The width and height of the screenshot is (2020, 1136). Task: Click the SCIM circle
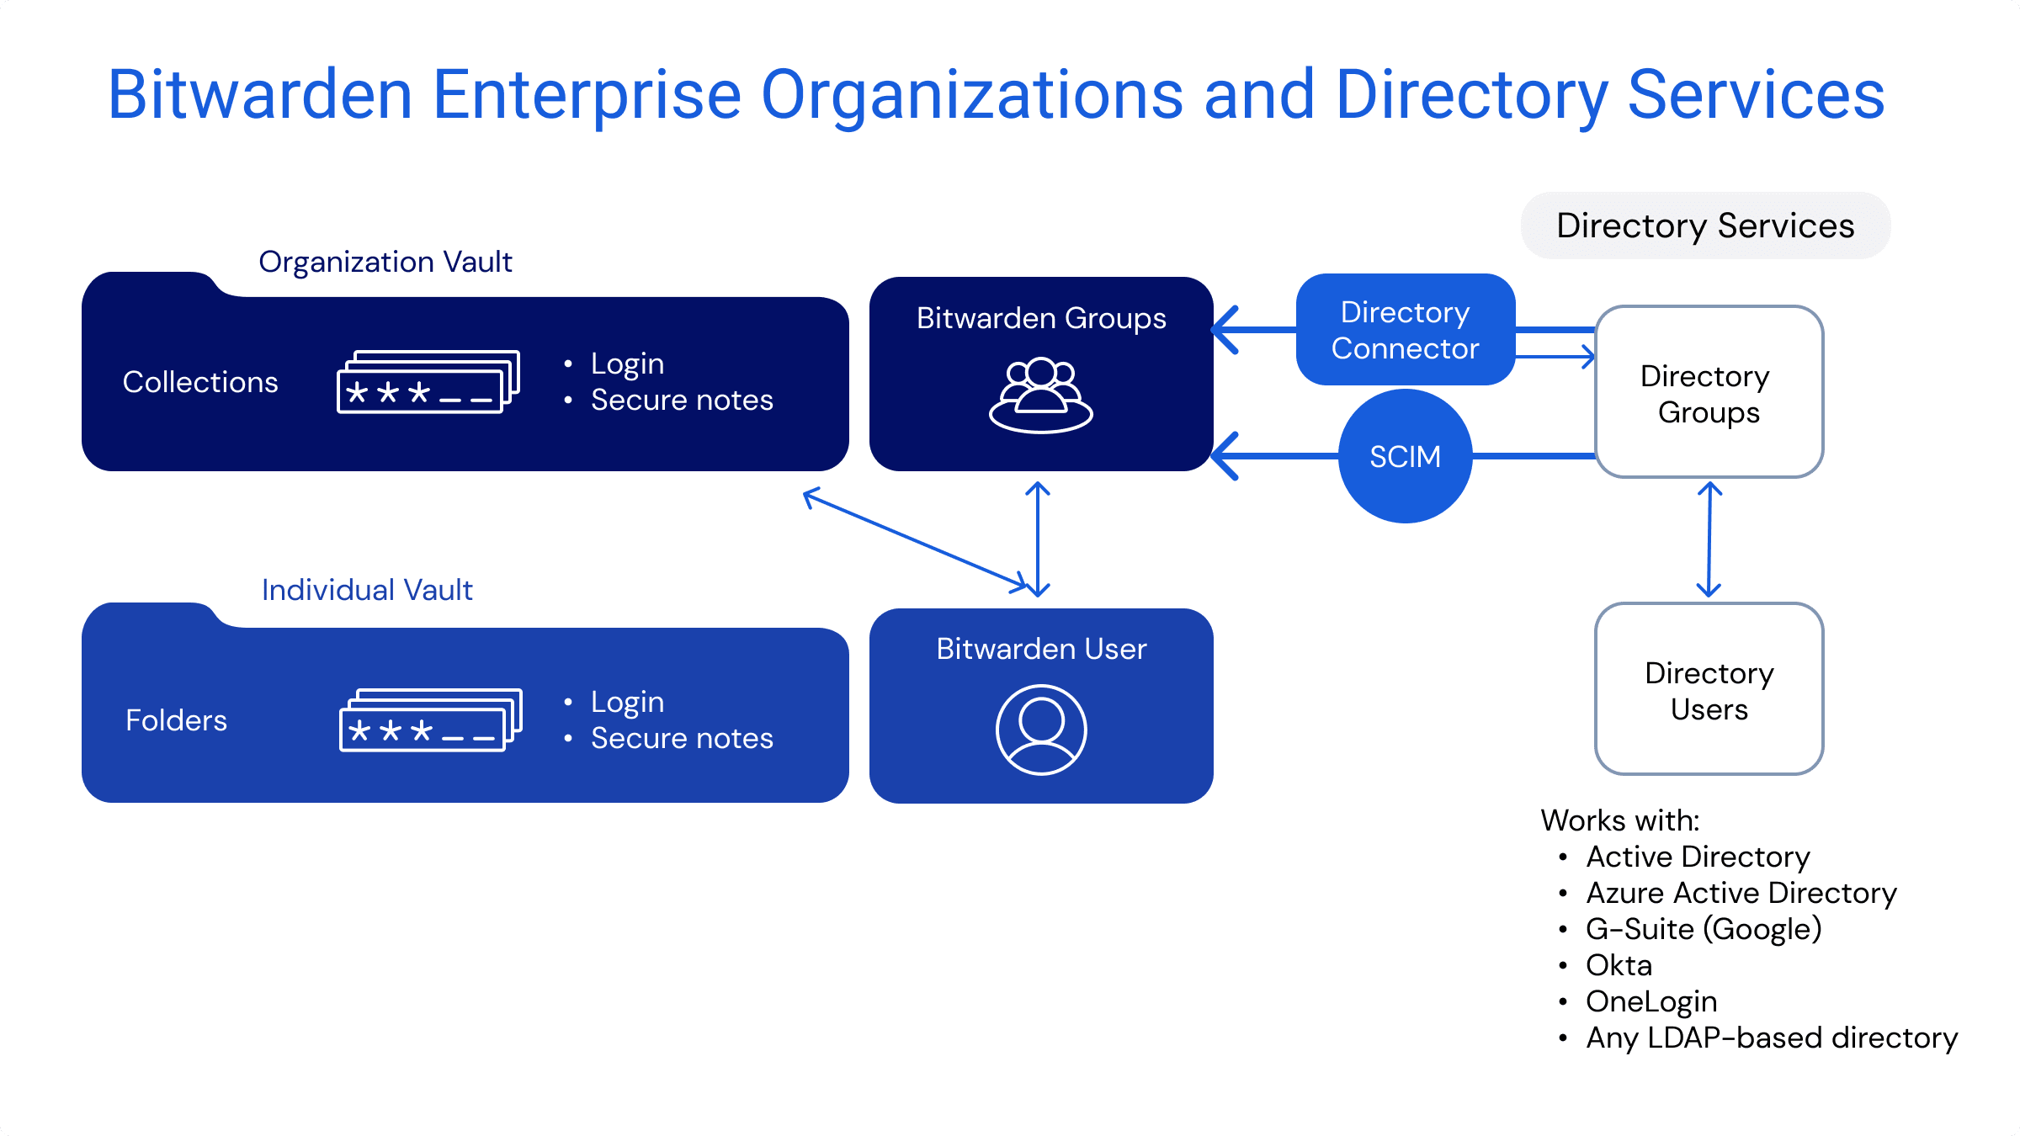point(1405,456)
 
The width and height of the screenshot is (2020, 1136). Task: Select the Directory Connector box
point(1405,330)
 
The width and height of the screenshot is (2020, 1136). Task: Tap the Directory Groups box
point(1709,393)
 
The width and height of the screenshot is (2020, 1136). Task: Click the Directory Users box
point(1709,690)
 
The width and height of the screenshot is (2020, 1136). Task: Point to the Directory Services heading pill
point(1705,226)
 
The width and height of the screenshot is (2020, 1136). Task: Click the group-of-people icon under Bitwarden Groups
point(1041,395)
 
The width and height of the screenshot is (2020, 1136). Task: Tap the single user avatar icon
point(1041,730)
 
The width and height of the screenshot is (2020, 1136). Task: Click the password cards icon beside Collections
point(428,382)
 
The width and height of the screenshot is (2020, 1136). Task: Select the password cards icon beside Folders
point(430,720)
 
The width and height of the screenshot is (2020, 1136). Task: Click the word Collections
point(200,382)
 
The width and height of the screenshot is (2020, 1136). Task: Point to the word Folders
point(176,720)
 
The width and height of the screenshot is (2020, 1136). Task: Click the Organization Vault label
point(385,262)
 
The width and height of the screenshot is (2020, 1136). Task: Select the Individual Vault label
point(367,590)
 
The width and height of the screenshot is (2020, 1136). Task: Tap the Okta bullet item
point(1619,965)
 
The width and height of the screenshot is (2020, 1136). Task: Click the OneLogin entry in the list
point(1651,1001)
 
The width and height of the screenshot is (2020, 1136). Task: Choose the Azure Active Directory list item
point(1741,893)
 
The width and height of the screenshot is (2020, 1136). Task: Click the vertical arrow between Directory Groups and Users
point(1709,539)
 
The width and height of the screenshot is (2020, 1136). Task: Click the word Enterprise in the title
point(587,94)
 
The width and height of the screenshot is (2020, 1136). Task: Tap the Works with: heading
point(1620,820)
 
